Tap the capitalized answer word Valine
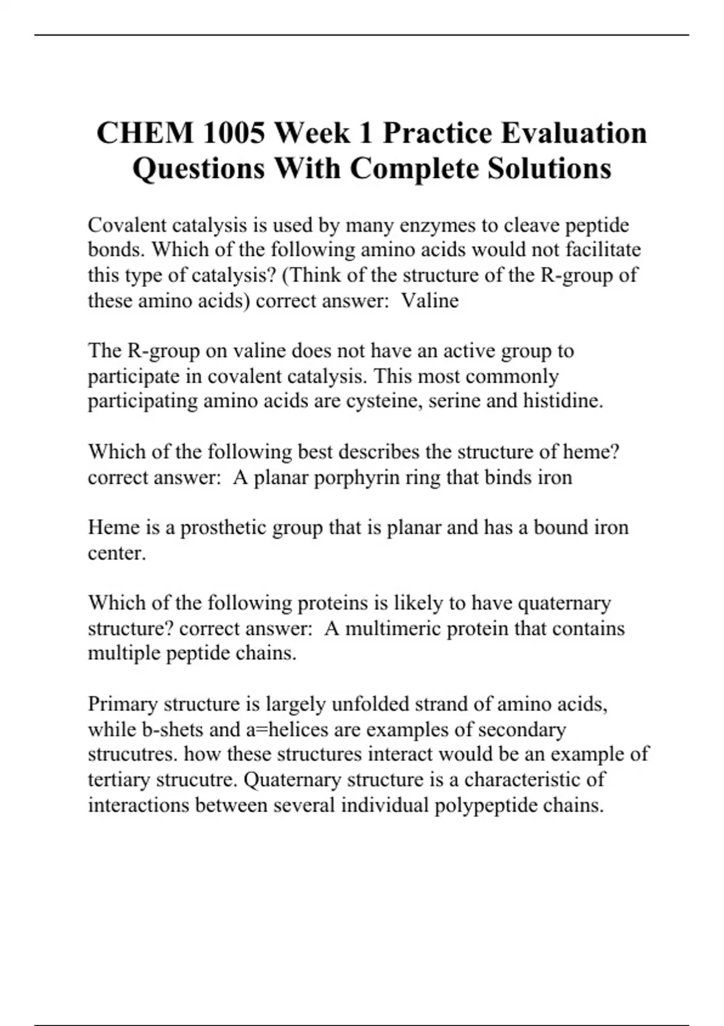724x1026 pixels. click(430, 300)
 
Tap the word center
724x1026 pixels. click(116, 553)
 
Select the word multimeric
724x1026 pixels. click(396, 628)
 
